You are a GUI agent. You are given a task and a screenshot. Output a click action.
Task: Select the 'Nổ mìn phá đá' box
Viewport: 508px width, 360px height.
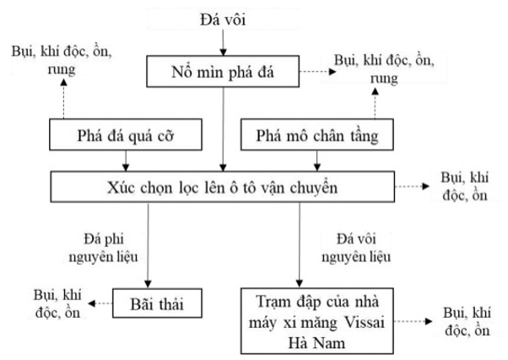[x=223, y=72]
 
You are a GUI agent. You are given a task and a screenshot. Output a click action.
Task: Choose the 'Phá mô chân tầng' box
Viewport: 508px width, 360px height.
[x=316, y=135]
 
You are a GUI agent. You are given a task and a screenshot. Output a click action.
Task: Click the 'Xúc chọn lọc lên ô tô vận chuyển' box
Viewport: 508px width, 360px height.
[x=223, y=186]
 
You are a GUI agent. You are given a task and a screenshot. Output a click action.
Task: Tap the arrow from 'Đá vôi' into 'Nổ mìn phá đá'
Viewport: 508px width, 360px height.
[x=223, y=42]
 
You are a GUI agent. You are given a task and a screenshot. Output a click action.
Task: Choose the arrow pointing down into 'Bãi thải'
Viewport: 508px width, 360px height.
[x=149, y=244]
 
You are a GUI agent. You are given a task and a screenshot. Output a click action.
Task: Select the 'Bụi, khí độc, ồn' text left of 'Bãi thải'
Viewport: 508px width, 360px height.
[x=51, y=301]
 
